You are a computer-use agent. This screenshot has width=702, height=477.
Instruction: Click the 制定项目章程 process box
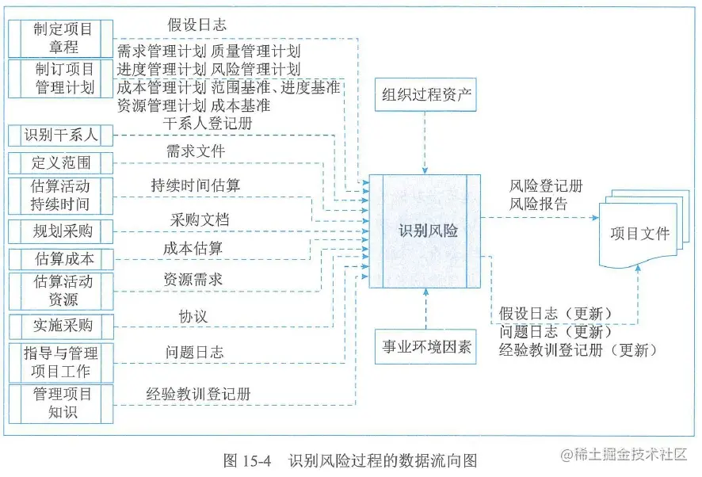[x=62, y=37]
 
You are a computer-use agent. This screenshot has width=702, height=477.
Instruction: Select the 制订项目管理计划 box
[x=62, y=78]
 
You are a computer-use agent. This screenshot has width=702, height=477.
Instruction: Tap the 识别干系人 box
[x=60, y=135]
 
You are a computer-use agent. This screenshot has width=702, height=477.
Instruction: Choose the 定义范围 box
[x=60, y=164]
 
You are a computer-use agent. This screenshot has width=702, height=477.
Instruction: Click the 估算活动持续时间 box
[x=60, y=196]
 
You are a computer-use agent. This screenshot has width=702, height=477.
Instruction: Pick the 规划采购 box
[x=60, y=231]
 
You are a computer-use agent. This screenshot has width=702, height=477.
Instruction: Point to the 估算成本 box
[x=60, y=259]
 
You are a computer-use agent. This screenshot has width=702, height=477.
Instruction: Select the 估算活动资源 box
[x=60, y=291]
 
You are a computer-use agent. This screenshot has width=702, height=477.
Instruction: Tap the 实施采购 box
[x=60, y=326]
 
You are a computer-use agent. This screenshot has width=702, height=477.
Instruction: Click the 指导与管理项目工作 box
[x=60, y=361]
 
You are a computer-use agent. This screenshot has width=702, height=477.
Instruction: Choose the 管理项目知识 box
[x=60, y=403]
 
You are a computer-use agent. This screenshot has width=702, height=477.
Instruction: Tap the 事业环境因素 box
[x=426, y=346]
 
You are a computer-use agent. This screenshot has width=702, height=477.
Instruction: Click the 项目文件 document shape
[x=639, y=234]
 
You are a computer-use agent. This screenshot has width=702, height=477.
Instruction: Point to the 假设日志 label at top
[x=197, y=26]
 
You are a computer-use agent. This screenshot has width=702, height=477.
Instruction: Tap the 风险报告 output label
[x=538, y=204]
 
